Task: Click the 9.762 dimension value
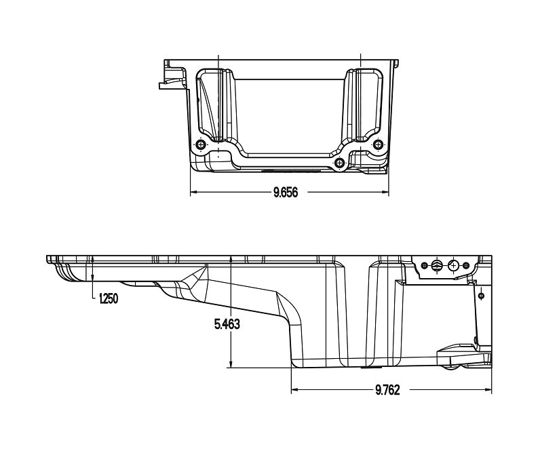[x=387, y=390]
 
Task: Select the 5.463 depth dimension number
[x=227, y=324]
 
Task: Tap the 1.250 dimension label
[x=108, y=298]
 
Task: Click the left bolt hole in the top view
[x=200, y=144]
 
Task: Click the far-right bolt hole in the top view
[x=379, y=144]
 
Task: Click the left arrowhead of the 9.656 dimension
[x=193, y=193]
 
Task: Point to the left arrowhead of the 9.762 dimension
[x=294, y=390]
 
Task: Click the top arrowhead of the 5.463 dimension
[x=231, y=260]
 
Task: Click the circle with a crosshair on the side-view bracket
[x=452, y=266]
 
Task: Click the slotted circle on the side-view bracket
[x=438, y=266]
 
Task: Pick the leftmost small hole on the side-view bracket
[x=424, y=265]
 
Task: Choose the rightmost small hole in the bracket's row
[x=466, y=265]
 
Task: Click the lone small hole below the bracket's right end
[x=480, y=296]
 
